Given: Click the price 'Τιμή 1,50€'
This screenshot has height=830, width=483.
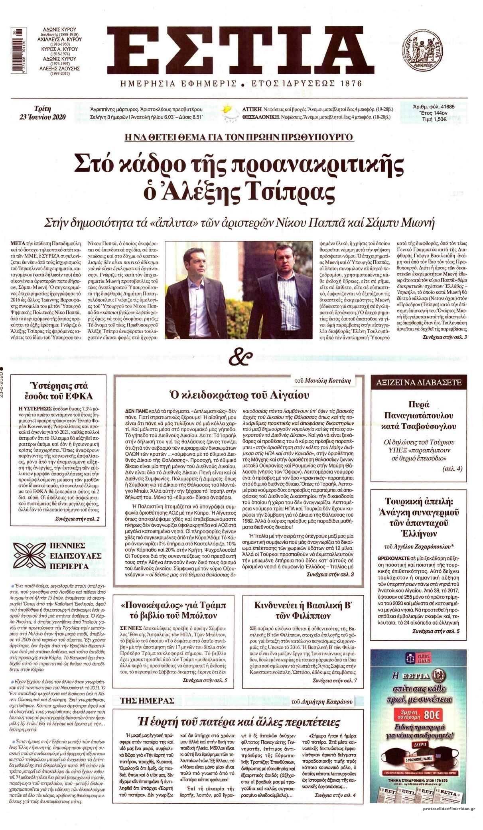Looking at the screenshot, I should tap(433, 118).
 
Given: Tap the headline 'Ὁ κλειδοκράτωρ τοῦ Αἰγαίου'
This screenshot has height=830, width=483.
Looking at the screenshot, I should tap(239, 395).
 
